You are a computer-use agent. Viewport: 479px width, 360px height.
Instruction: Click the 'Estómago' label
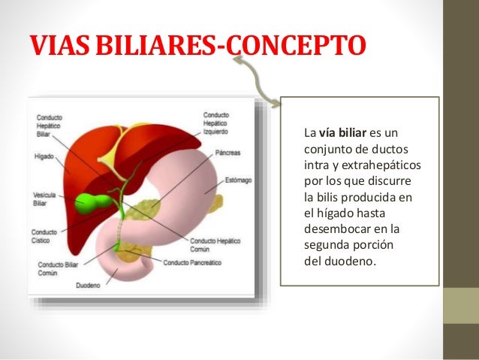pyautogui.click(x=237, y=181)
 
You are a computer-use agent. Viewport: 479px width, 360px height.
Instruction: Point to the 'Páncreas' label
pyautogui.click(x=227, y=153)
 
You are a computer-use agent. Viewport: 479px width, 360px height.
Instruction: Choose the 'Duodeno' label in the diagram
pyautogui.click(x=88, y=286)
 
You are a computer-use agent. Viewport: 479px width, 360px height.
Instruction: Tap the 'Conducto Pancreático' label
pyautogui.click(x=192, y=262)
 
